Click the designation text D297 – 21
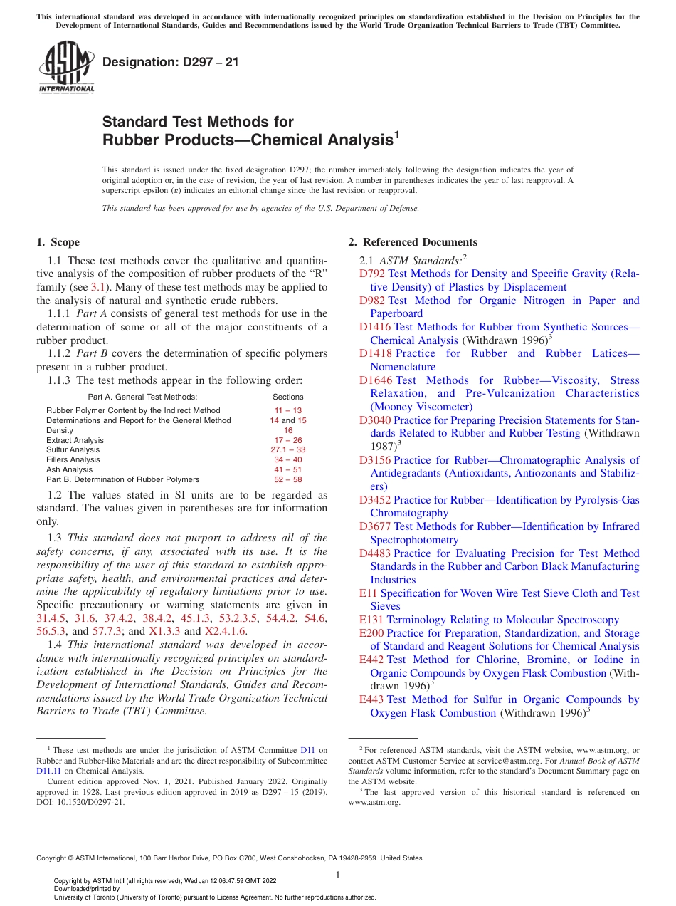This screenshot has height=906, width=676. (x=171, y=63)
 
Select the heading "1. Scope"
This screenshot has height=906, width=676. (x=58, y=242)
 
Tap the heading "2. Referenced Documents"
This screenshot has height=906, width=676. (x=413, y=242)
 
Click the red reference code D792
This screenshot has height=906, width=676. (x=372, y=274)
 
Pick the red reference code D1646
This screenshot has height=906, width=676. (x=376, y=380)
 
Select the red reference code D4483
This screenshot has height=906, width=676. (x=376, y=553)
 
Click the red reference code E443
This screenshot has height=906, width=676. (x=371, y=699)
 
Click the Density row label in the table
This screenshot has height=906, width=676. (x=60, y=430)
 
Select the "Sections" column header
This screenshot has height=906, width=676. (x=288, y=397)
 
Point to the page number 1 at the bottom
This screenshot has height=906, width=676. (x=338, y=875)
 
